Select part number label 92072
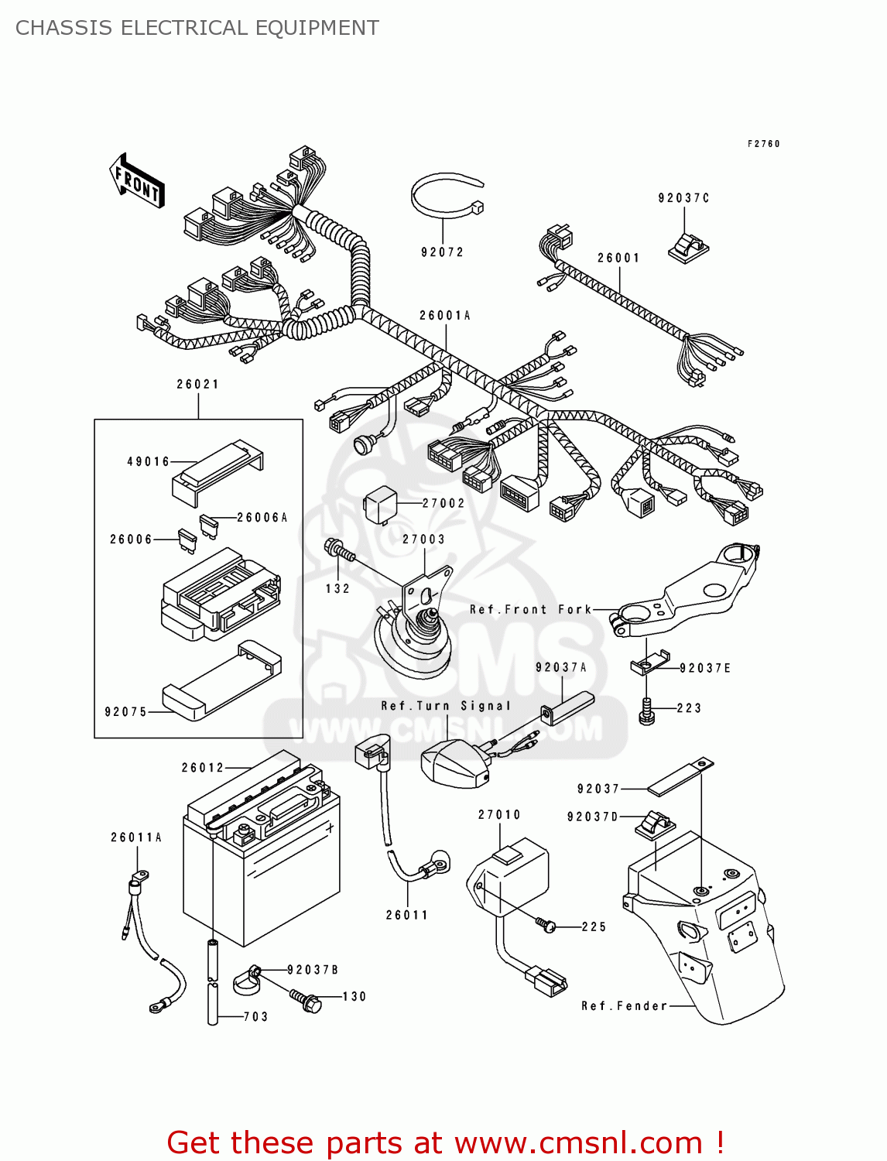pyautogui.click(x=442, y=252)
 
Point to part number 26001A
pyautogui.click(x=445, y=316)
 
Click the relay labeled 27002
pyautogui.click(x=381, y=503)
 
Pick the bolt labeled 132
pyautogui.click(x=339, y=551)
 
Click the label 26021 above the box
pyautogui.click(x=198, y=385)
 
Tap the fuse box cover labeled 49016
pyautogui.click(x=217, y=470)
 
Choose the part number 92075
pyautogui.click(x=125, y=712)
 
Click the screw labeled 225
pyautogui.click(x=546, y=924)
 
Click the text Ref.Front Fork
pyautogui.click(x=531, y=610)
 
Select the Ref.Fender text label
pyautogui.click(x=624, y=1006)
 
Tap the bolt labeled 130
pyautogui.click(x=306, y=999)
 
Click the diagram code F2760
pyautogui.click(x=763, y=144)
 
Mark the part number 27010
pyautogui.click(x=499, y=815)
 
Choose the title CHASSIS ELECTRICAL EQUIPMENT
pyautogui.click(x=197, y=28)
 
